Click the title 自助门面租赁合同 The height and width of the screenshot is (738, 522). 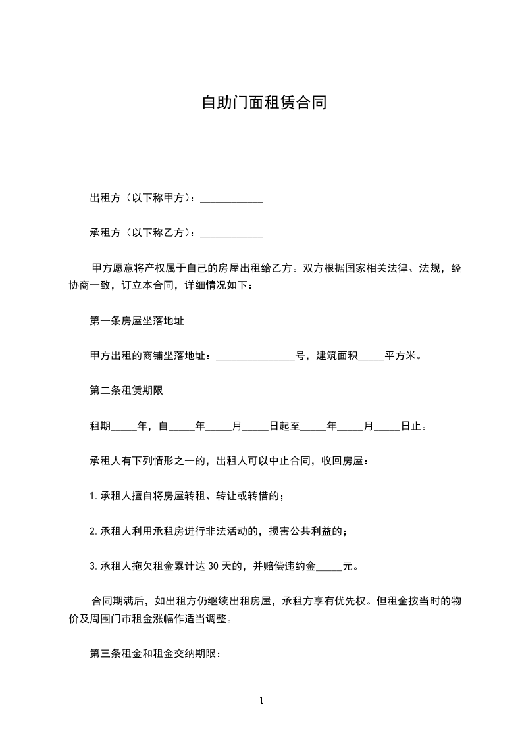pyautogui.click(x=263, y=103)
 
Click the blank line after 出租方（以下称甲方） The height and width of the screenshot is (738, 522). pyautogui.click(x=231, y=199)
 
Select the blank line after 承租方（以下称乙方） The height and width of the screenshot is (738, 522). pyautogui.click(x=231, y=233)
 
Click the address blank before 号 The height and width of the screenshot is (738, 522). pyautogui.click(x=255, y=357)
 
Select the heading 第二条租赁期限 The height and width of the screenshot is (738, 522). pyautogui.click(x=126, y=391)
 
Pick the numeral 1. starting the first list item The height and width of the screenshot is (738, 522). pyautogui.click(x=93, y=496)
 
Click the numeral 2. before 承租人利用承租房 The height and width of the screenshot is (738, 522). pyautogui.click(x=93, y=531)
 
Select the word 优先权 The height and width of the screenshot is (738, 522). pyautogui.click(x=356, y=601)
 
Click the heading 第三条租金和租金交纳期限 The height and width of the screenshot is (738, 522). pyautogui.click(x=155, y=654)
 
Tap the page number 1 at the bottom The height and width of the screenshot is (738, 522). pyautogui.click(x=261, y=701)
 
